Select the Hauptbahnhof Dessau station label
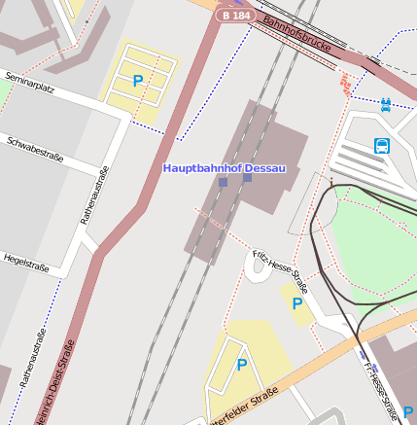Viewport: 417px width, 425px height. pyautogui.click(x=226, y=168)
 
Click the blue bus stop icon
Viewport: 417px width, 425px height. pyautogui.click(x=382, y=147)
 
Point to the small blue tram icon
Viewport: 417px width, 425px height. pyautogui.click(x=386, y=103)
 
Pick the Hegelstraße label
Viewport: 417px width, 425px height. pyautogui.click(x=26, y=264)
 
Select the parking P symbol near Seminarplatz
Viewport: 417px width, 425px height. pyautogui.click(x=138, y=82)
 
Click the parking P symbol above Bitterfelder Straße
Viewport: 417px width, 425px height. pyautogui.click(x=242, y=365)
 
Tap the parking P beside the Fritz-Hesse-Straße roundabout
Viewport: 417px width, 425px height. pyautogui.click(x=297, y=303)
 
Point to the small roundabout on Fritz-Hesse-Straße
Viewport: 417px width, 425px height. pyautogui.click(x=257, y=269)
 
